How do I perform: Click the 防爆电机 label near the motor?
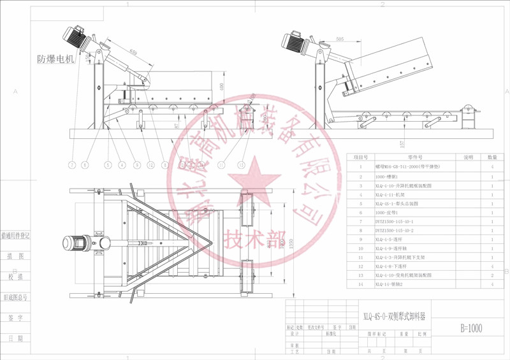(x=55, y=59)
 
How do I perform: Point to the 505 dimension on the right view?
(x=339, y=39)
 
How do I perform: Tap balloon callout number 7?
(x=72, y=164)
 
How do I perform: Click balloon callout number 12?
(x=150, y=164)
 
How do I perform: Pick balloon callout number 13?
(x=241, y=164)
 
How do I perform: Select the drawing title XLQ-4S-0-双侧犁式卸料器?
(x=394, y=315)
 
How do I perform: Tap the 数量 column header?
(x=492, y=155)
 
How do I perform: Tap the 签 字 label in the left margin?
(x=15, y=317)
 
